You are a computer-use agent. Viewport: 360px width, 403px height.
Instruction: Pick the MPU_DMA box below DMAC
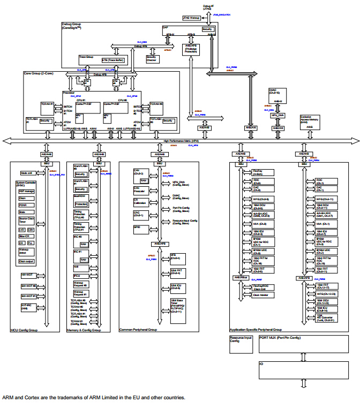point(277,115)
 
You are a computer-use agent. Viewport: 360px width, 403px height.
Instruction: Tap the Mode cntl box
point(27,173)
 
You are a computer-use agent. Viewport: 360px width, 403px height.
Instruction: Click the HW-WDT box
point(27,275)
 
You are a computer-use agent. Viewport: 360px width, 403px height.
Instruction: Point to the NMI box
point(77,267)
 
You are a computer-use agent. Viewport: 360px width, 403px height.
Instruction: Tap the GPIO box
point(137,227)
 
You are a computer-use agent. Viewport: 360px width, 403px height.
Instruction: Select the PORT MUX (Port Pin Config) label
point(280,338)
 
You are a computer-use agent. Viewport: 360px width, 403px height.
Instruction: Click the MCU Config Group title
point(24,330)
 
